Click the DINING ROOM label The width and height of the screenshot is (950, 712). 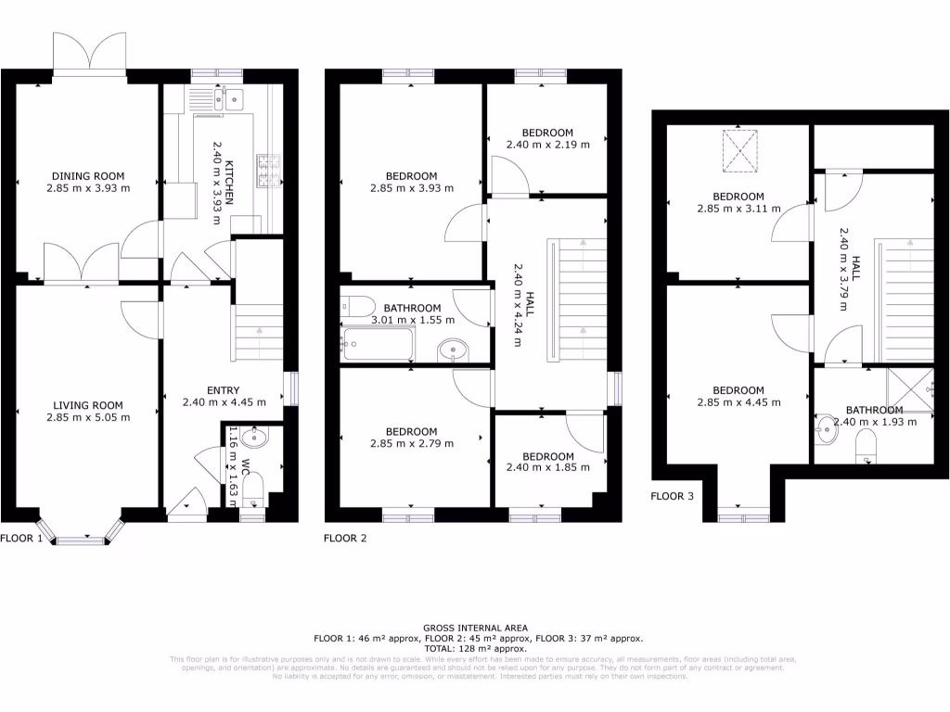tap(88, 176)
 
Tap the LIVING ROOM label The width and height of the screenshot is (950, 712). tap(88, 405)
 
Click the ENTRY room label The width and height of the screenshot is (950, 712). tap(223, 390)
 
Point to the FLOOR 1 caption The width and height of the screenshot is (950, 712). tap(21, 538)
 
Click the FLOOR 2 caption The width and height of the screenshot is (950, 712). tap(345, 538)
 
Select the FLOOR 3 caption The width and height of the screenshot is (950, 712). tap(672, 496)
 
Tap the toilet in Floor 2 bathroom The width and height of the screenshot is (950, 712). tap(357, 306)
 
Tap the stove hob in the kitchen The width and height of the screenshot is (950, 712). tap(269, 169)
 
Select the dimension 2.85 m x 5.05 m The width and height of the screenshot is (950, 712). tap(88, 417)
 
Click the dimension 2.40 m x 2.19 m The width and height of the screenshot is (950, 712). tap(547, 145)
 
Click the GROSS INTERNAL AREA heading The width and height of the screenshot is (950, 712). tap(474, 628)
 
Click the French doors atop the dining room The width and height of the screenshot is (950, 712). tap(89, 54)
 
